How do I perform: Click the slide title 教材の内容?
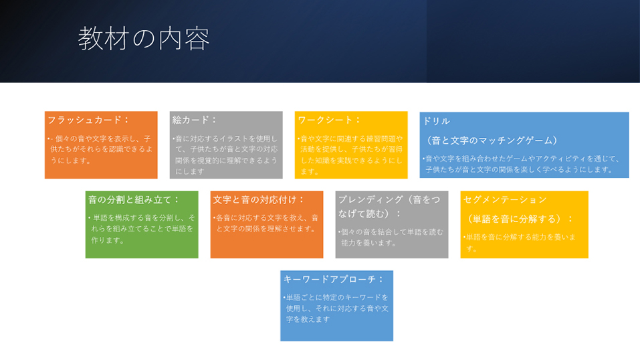point(144,38)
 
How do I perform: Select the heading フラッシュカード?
point(85,120)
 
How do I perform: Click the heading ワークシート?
point(325,120)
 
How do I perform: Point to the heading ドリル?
point(436,121)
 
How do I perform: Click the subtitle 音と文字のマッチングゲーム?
point(492,141)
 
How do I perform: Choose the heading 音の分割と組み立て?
point(130,200)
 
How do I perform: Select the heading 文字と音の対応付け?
point(255,200)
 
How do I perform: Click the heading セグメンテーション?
point(505,200)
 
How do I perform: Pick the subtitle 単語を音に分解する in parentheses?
point(517,219)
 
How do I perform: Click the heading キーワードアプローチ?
point(330,279)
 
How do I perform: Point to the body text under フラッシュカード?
point(100,150)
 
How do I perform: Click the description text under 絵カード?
point(226,155)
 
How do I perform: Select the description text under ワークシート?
point(350,155)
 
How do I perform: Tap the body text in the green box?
point(142,229)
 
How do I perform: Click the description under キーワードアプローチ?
point(336,308)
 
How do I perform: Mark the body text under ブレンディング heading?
point(391,238)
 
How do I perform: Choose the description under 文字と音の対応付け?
point(266,223)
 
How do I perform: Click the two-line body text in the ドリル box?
point(522,164)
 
